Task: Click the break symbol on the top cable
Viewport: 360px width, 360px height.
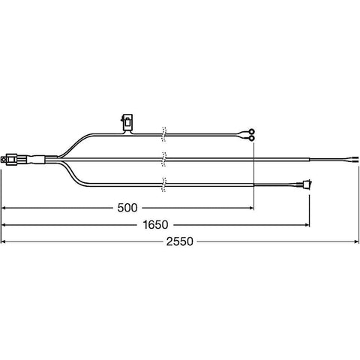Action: coord(164,133)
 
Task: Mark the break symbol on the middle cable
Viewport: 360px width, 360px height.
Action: coord(164,158)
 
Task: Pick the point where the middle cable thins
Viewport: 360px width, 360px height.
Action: coord(310,158)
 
